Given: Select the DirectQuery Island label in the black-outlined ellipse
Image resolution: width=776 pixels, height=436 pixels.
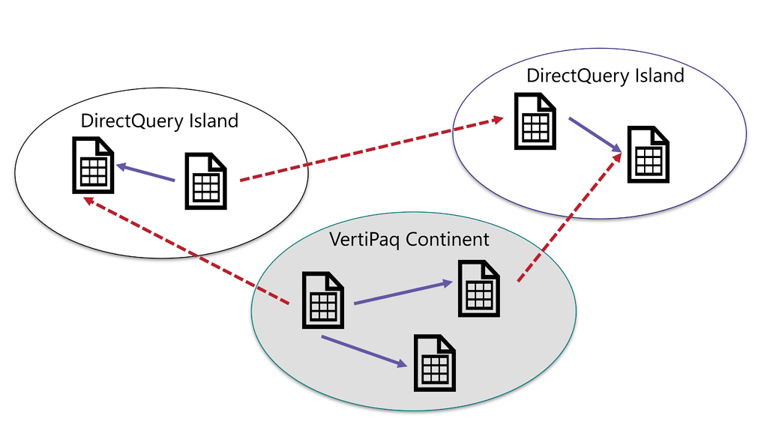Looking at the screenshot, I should point(159,121).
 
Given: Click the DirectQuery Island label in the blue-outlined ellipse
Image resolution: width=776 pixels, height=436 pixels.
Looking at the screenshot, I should point(605,76).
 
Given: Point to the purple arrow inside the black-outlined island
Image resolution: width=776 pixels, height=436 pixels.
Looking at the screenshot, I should point(145,173).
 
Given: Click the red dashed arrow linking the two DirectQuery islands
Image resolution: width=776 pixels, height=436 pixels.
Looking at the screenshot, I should point(371,150).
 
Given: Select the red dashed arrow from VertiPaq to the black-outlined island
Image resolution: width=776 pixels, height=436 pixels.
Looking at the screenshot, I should point(187,252).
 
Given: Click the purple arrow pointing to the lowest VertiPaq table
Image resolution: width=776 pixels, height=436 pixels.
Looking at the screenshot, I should point(364,351).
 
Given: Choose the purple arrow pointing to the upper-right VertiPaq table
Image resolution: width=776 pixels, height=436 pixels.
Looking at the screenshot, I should point(403,293).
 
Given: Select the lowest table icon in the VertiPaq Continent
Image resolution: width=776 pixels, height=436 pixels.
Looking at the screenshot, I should point(435,363).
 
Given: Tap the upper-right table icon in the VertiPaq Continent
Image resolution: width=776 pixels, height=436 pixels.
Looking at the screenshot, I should point(479,288).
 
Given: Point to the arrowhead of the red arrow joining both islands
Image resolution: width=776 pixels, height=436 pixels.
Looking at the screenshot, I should point(498,120).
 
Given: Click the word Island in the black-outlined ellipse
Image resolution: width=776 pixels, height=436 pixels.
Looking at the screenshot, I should point(213,121).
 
